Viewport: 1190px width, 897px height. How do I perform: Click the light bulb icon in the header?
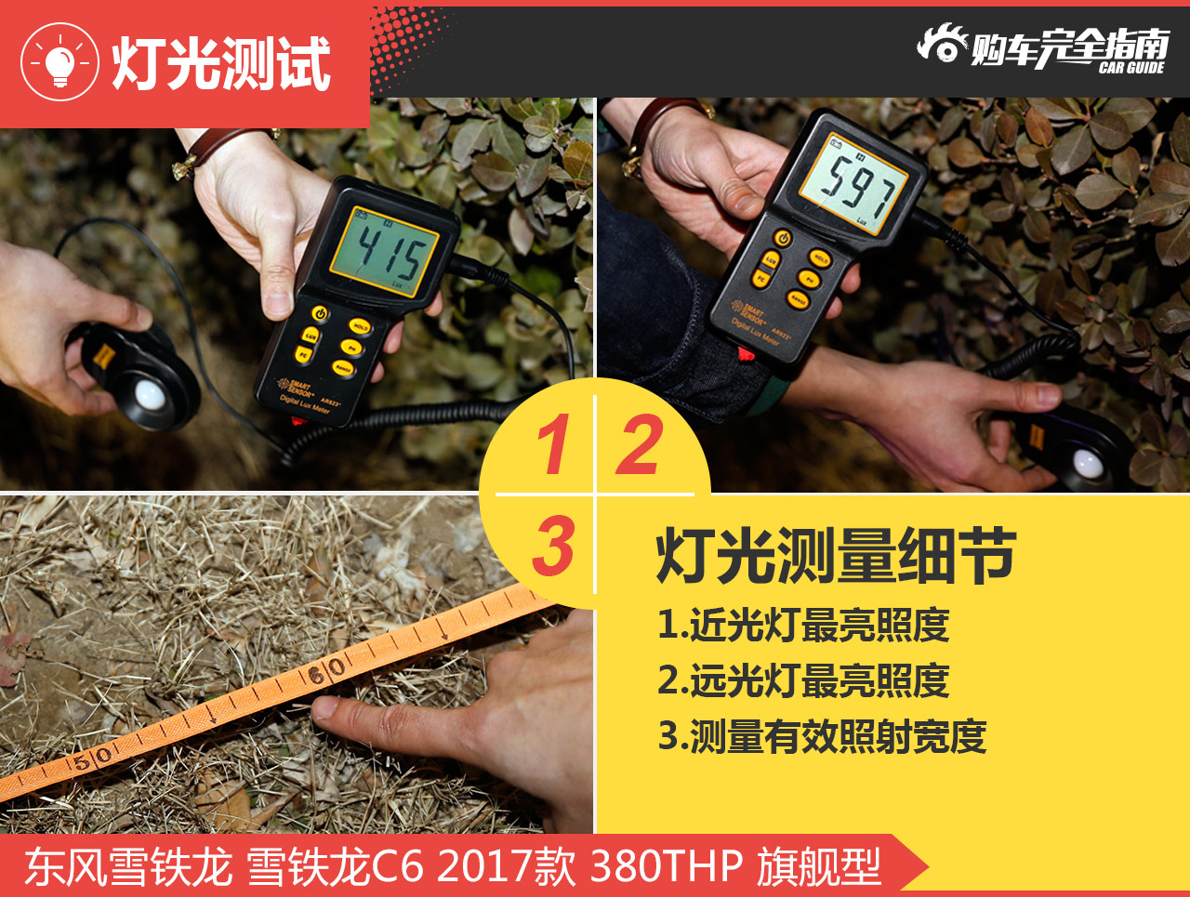pos(59,62)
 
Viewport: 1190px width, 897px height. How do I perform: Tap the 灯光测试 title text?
pos(221,63)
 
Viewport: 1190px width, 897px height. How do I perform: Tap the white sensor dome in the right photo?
pos(1089,461)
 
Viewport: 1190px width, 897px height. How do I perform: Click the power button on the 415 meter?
pos(320,314)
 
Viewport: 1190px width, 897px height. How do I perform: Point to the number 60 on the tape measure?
pos(326,669)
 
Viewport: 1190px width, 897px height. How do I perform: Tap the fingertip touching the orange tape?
pos(328,711)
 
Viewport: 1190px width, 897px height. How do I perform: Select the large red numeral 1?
pos(554,444)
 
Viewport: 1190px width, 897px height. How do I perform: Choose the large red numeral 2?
pos(641,444)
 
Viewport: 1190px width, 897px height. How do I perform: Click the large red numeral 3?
pos(554,546)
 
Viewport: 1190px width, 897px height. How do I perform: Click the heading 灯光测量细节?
pos(836,555)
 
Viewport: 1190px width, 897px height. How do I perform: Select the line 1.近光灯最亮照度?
pos(803,625)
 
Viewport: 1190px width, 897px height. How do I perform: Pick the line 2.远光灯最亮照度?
pos(803,680)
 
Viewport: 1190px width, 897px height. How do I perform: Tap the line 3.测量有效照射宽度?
pos(822,736)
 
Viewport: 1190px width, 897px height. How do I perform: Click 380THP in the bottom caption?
pos(666,866)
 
